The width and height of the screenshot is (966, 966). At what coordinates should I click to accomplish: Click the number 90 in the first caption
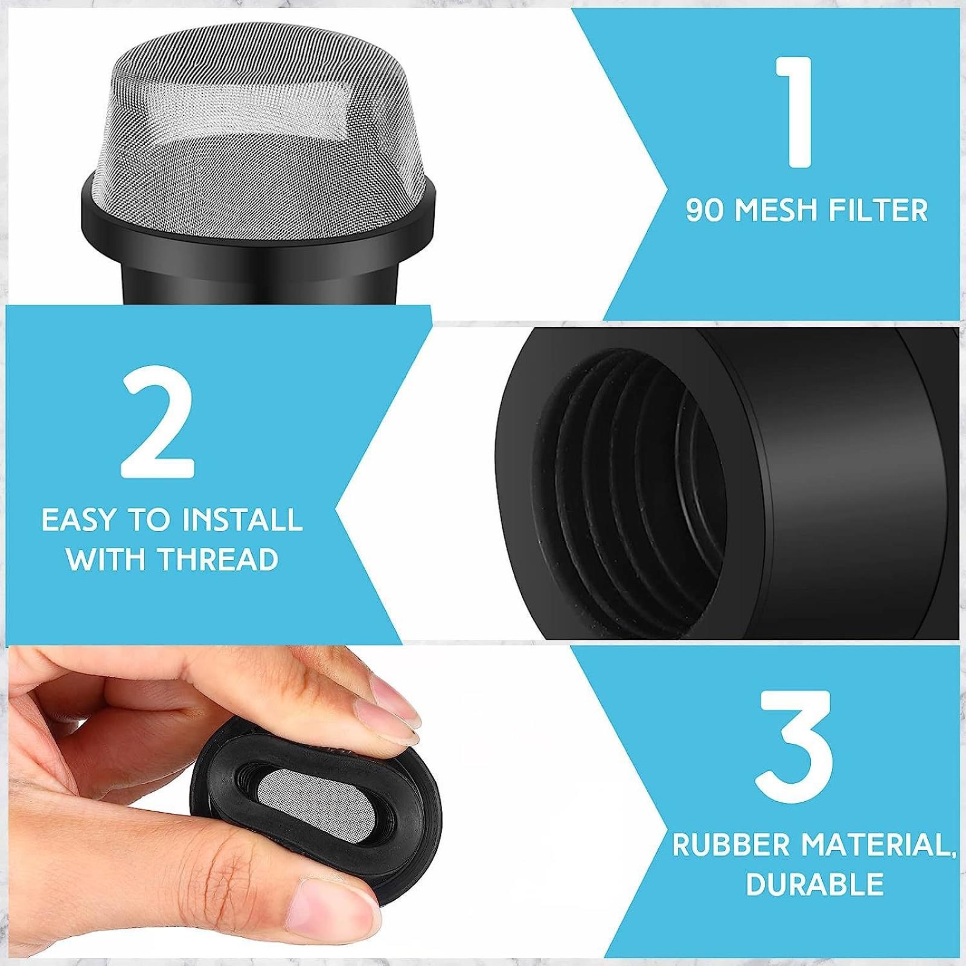click(x=705, y=211)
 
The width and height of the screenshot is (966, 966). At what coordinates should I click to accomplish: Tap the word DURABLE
click(x=814, y=884)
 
